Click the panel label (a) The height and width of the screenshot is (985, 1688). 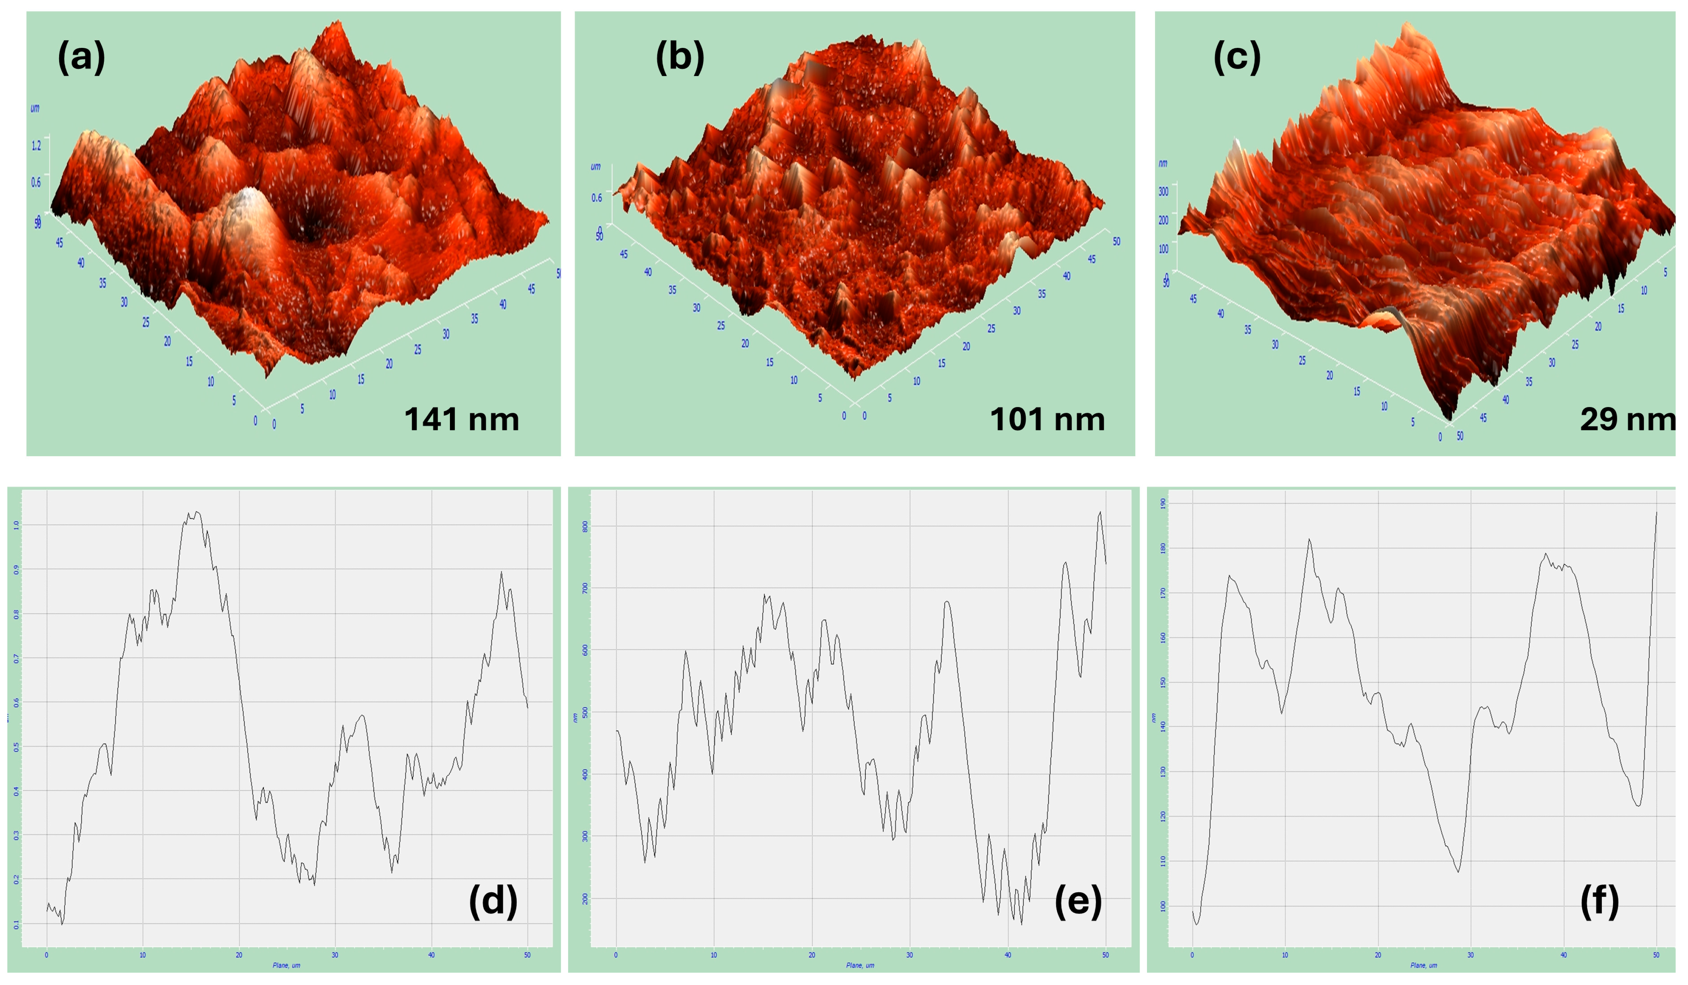[81, 56]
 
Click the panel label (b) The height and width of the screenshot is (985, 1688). [679, 56]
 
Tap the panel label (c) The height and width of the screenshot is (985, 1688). [1237, 56]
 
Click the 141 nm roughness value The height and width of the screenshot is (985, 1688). [461, 419]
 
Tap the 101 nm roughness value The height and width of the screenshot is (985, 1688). [1047, 419]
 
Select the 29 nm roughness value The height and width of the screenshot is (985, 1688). [1626, 419]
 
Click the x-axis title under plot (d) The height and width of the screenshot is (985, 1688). [286, 966]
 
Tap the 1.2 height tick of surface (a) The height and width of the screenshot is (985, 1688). [36, 145]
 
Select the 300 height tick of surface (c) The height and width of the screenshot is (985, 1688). [1164, 192]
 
